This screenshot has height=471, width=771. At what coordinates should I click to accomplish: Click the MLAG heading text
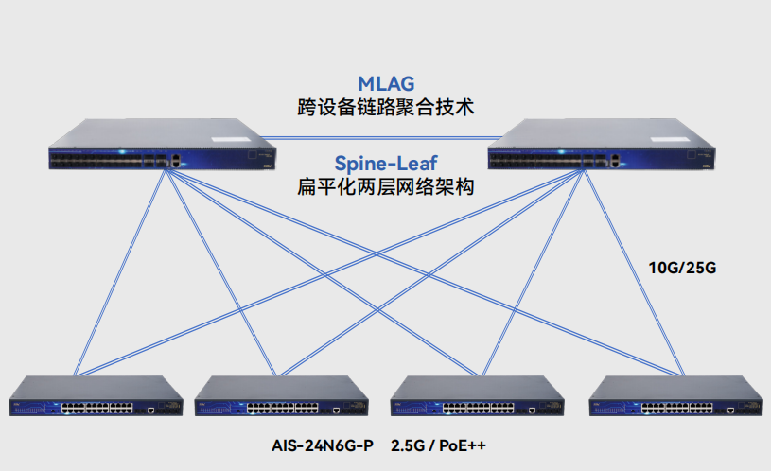click(x=386, y=83)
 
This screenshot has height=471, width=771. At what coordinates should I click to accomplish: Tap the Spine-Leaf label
click(x=386, y=163)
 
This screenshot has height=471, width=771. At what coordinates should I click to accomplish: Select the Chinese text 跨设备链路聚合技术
click(x=386, y=107)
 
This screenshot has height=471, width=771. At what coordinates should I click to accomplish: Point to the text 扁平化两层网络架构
click(x=386, y=186)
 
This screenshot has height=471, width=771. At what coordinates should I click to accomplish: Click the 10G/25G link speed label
click(x=682, y=268)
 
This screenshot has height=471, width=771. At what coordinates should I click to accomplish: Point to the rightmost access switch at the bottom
click(x=675, y=397)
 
